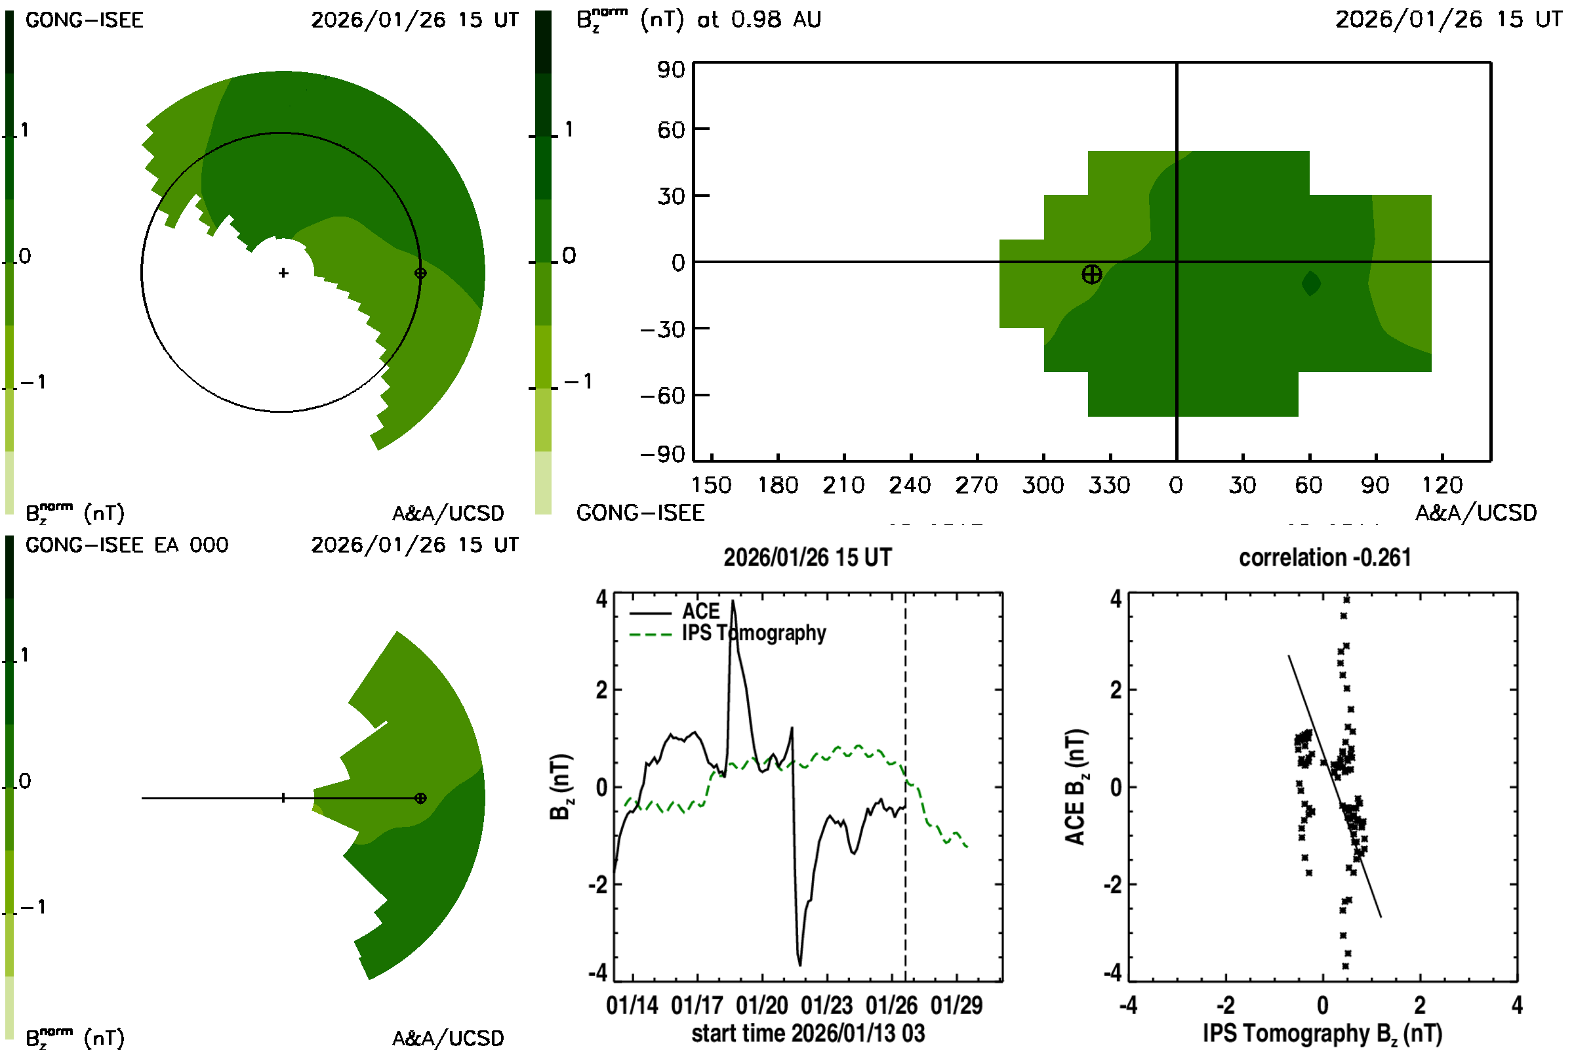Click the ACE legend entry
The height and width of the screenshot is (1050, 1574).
pyautogui.click(x=700, y=612)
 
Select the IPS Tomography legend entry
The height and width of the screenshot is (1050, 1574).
pyautogui.click(x=754, y=633)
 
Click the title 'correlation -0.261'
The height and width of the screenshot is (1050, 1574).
pyautogui.click(x=1324, y=557)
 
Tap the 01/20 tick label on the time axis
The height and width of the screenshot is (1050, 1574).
pyautogui.click(x=761, y=1005)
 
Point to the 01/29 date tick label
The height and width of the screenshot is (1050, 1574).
pyautogui.click(x=956, y=1005)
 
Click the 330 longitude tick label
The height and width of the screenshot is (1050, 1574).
pyautogui.click(x=1109, y=485)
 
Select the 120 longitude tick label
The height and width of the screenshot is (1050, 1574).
pyautogui.click(x=1442, y=485)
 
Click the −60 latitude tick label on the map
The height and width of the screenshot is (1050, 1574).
pyautogui.click(x=662, y=396)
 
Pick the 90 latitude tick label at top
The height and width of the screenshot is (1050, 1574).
pyautogui.click(x=670, y=70)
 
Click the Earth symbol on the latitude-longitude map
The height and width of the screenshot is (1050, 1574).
pyautogui.click(x=1091, y=274)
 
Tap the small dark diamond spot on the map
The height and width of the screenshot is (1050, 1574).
pyautogui.click(x=1311, y=283)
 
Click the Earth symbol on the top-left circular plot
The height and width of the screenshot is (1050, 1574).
pyautogui.click(x=420, y=273)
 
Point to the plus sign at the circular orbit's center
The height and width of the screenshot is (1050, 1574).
pyautogui.click(x=283, y=273)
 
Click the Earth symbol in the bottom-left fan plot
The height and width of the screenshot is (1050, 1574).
pyautogui.click(x=420, y=798)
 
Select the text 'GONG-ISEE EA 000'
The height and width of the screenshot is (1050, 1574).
pyautogui.click(x=127, y=545)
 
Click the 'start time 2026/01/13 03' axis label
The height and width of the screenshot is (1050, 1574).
pyautogui.click(x=808, y=1033)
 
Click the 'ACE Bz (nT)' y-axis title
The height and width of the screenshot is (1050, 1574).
pyautogui.click(x=1075, y=787)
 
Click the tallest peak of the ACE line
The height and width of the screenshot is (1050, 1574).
pyautogui.click(x=733, y=602)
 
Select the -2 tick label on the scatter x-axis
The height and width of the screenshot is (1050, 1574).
pyautogui.click(x=1225, y=1005)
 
